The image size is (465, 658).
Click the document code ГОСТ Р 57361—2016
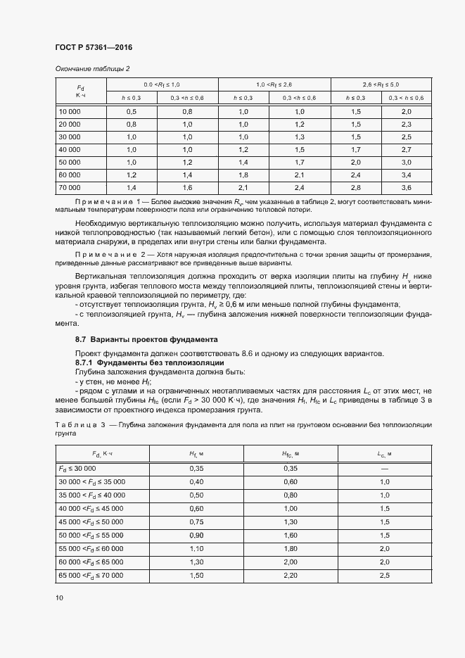point(94,48)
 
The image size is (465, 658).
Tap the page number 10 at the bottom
point(59,597)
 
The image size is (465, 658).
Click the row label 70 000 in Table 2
point(70,188)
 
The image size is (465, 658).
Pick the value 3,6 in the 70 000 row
point(406,188)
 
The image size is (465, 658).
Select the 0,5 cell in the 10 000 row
point(131,112)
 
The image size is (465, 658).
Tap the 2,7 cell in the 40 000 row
point(406,150)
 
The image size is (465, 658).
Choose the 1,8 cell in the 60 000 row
point(243,175)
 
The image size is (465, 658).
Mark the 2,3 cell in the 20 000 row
point(406,125)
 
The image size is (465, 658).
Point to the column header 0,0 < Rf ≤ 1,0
point(162,84)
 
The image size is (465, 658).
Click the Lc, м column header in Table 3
point(384,455)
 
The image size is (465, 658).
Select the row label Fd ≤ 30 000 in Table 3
point(77,468)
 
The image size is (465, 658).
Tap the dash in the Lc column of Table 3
point(384,468)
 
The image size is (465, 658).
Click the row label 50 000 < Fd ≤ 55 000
point(90,536)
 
